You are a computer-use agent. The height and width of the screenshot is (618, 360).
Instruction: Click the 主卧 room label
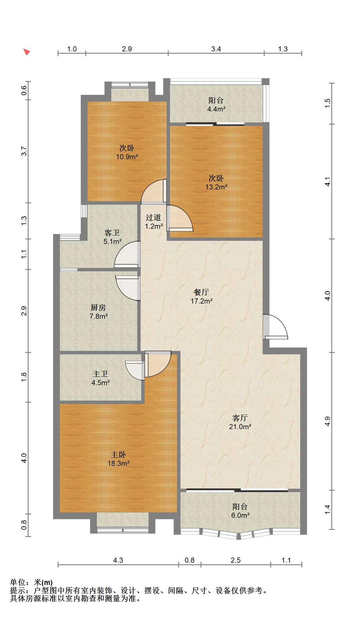click(x=118, y=455)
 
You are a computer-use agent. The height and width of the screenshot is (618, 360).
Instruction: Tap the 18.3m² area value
click(x=118, y=464)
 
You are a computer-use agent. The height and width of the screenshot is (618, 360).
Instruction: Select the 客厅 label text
click(x=240, y=418)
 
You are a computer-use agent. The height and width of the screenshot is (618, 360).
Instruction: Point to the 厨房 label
click(x=98, y=307)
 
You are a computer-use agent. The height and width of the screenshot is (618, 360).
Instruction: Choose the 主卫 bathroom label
click(x=100, y=374)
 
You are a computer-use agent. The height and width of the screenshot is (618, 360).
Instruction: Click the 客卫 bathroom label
click(x=112, y=232)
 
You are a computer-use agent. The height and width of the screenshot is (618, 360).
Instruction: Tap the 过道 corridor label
click(x=153, y=218)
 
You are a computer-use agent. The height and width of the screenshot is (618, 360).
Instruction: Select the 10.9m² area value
click(x=127, y=157)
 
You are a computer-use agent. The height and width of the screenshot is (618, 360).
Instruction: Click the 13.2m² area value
click(x=216, y=187)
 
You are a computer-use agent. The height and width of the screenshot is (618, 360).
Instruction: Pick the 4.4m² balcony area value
click(x=216, y=109)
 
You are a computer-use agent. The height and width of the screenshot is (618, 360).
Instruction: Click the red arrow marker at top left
click(x=27, y=51)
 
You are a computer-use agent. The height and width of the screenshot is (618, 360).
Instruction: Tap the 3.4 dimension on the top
click(x=216, y=49)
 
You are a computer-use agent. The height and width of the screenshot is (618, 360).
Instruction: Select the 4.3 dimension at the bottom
click(x=118, y=560)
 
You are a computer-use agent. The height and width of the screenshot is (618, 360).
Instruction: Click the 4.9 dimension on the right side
click(x=327, y=421)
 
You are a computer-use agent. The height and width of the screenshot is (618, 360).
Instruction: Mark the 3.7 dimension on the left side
click(x=24, y=151)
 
